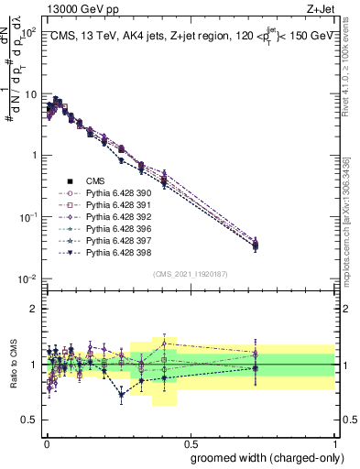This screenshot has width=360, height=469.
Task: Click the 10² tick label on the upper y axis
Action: coord(28,32)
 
